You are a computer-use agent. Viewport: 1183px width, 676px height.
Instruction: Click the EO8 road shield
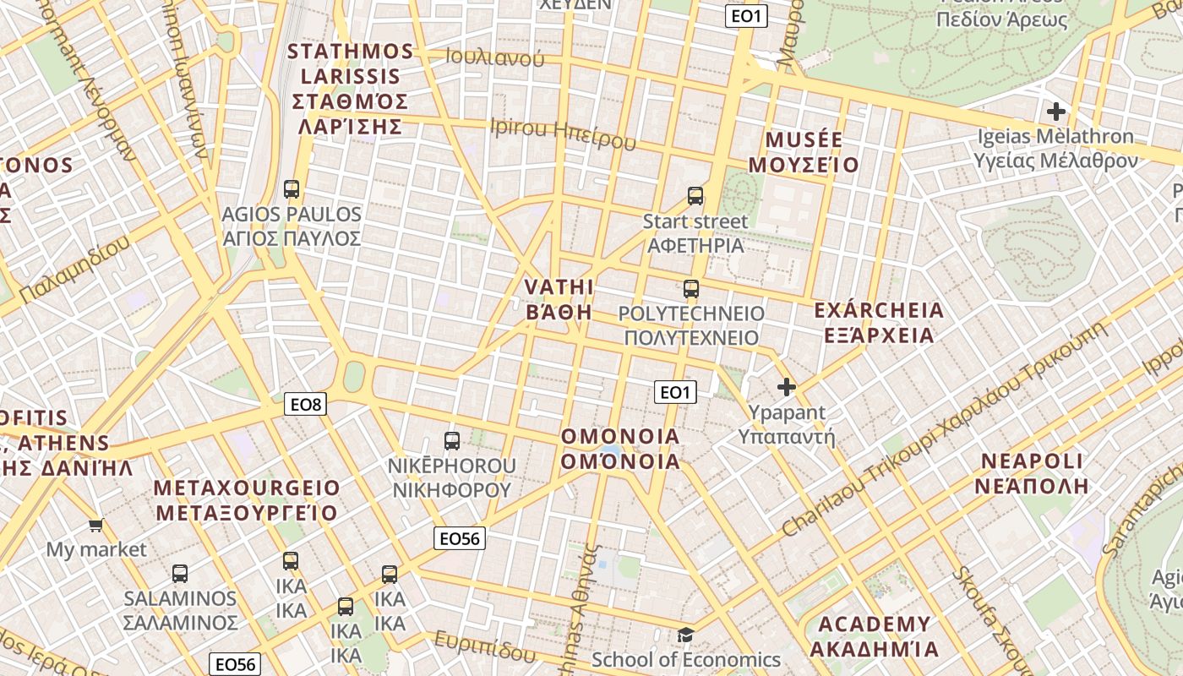pyautogui.click(x=306, y=404)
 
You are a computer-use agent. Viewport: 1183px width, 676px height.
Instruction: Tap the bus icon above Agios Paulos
pyautogui.click(x=292, y=189)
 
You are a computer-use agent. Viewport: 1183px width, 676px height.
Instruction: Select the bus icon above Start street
pyautogui.click(x=695, y=196)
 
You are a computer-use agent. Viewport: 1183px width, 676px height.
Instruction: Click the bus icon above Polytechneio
pyautogui.click(x=691, y=289)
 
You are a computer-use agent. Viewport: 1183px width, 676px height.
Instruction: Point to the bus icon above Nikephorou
pyautogui.click(x=452, y=440)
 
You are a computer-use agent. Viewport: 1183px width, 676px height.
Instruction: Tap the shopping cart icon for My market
pyautogui.click(x=96, y=525)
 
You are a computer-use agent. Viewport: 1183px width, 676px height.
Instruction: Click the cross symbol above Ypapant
pyautogui.click(x=787, y=387)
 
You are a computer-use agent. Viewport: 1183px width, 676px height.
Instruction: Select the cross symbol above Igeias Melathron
pyautogui.click(x=1055, y=111)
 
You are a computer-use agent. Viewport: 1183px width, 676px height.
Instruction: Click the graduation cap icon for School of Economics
pyautogui.click(x=686, y=635)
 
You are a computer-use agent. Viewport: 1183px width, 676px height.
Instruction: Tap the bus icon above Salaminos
pyautogui.click(x=180, y=574)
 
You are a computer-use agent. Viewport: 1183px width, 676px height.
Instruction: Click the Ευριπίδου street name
pyautogui.click(x=485, y=646)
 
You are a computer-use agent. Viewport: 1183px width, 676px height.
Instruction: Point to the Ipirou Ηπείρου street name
pyautogui.click(x=563, y=134)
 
